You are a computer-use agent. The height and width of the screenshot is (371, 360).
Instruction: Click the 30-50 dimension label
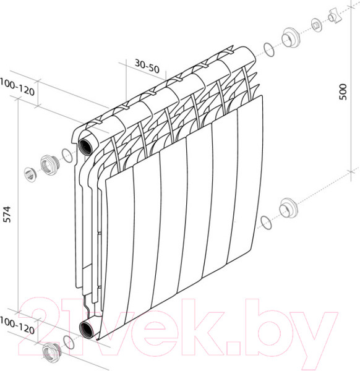tap(147, 66)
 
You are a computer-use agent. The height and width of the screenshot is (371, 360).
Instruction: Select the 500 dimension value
tap(343, 92)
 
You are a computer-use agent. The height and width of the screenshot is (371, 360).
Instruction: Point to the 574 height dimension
tap(7, 215)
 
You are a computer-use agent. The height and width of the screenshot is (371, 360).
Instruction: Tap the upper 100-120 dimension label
tap(17, 87)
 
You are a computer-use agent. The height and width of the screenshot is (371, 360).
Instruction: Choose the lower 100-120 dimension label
tap(17, 326)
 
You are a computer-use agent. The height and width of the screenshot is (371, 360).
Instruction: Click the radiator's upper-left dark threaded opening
tap(85, 147)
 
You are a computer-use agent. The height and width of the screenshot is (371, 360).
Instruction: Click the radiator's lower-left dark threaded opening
tap(86, 329)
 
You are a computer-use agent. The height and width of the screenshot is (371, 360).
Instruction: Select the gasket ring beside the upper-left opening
tap(67, 155)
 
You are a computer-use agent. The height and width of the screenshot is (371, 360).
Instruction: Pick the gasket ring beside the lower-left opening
tap(69, 342)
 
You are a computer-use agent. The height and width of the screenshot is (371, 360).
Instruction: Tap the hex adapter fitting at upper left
tap(49, 165)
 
